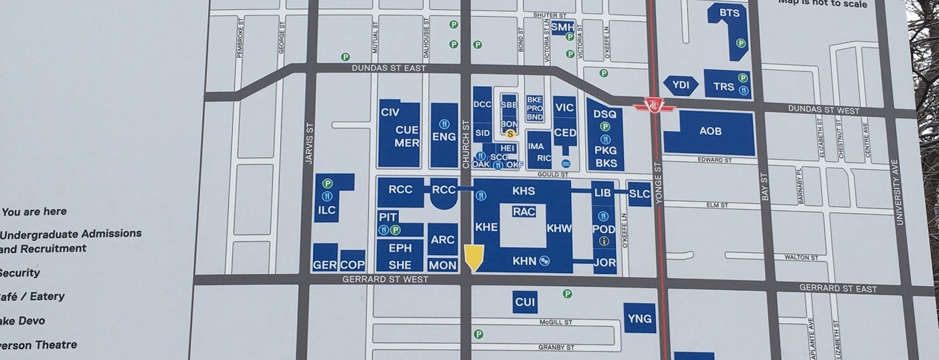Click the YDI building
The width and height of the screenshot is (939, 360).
680,85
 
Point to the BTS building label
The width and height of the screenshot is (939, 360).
729,13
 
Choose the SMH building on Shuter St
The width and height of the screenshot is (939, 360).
562,27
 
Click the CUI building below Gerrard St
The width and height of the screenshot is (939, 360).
525,302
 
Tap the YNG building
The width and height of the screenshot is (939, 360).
639,318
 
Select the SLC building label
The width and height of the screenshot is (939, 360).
639,193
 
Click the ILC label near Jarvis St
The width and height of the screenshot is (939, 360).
327,210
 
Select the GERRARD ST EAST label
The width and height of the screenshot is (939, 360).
838,288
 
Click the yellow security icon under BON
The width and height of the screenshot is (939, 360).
510,134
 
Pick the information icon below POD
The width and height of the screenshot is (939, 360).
604,241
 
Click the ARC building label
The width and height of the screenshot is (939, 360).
443,240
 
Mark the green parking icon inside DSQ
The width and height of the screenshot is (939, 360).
605,126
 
